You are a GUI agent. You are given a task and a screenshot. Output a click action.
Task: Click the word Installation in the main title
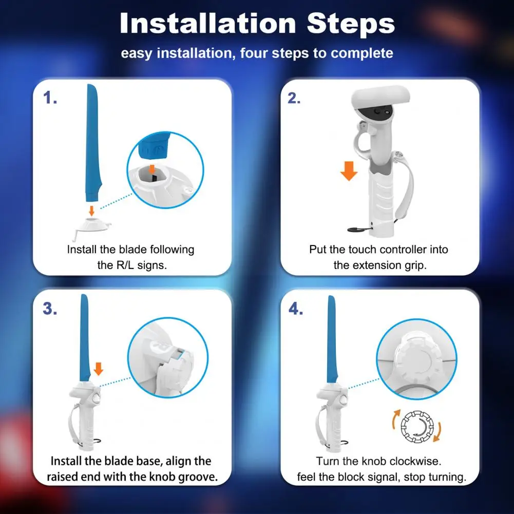pyautogui.click(x=208, y=23)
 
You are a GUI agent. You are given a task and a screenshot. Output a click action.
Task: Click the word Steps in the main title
pyautogui.click(x=351, y=23)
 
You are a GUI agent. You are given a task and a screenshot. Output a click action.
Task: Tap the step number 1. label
pyautogui.click(x=50, y=98)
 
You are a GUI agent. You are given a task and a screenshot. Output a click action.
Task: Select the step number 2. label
pyautogui.click(x=294, y=98)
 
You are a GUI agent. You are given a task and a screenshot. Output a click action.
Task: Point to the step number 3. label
pyautogui.click(x=50, y=309)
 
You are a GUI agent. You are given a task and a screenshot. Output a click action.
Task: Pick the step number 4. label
pyautogui.click(x=295, y=309)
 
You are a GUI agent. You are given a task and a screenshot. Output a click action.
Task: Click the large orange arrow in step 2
pyautogui.click(x=349, y=171)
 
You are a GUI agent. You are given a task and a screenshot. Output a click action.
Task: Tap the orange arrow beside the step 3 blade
pyautogui.click(x=99, y=369)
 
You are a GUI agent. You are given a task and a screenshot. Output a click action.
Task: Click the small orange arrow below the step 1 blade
pyautogui.click(x=92, y=211)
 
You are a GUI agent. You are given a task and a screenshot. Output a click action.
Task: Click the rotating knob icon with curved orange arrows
pyautogui.click(x=417, y=426)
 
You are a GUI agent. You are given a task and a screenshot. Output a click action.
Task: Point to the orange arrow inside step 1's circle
pyautogui.click(x=151, y=169)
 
